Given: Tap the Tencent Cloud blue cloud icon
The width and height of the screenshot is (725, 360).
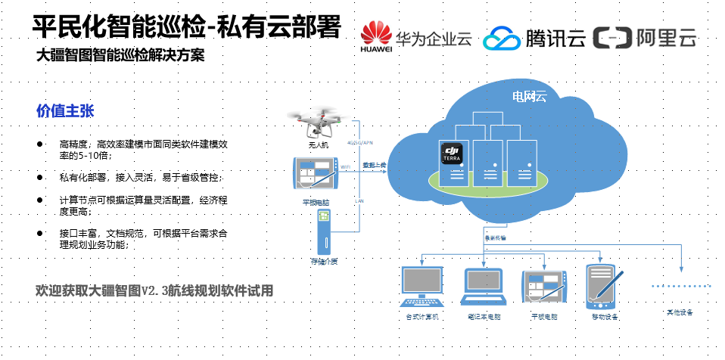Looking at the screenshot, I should [500, 39].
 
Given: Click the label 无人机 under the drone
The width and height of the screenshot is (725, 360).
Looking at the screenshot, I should [319, 144].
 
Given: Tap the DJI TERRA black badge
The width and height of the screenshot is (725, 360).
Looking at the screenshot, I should [452, 154].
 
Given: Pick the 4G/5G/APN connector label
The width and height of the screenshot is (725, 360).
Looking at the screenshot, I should [359, 142].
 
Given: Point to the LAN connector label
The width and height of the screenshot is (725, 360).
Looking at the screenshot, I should [359, 201].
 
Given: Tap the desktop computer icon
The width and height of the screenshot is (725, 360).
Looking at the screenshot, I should [422, 285].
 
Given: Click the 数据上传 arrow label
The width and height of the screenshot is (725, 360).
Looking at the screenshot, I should [373, 164].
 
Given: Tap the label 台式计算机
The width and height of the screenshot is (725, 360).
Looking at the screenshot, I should [422, 316].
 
